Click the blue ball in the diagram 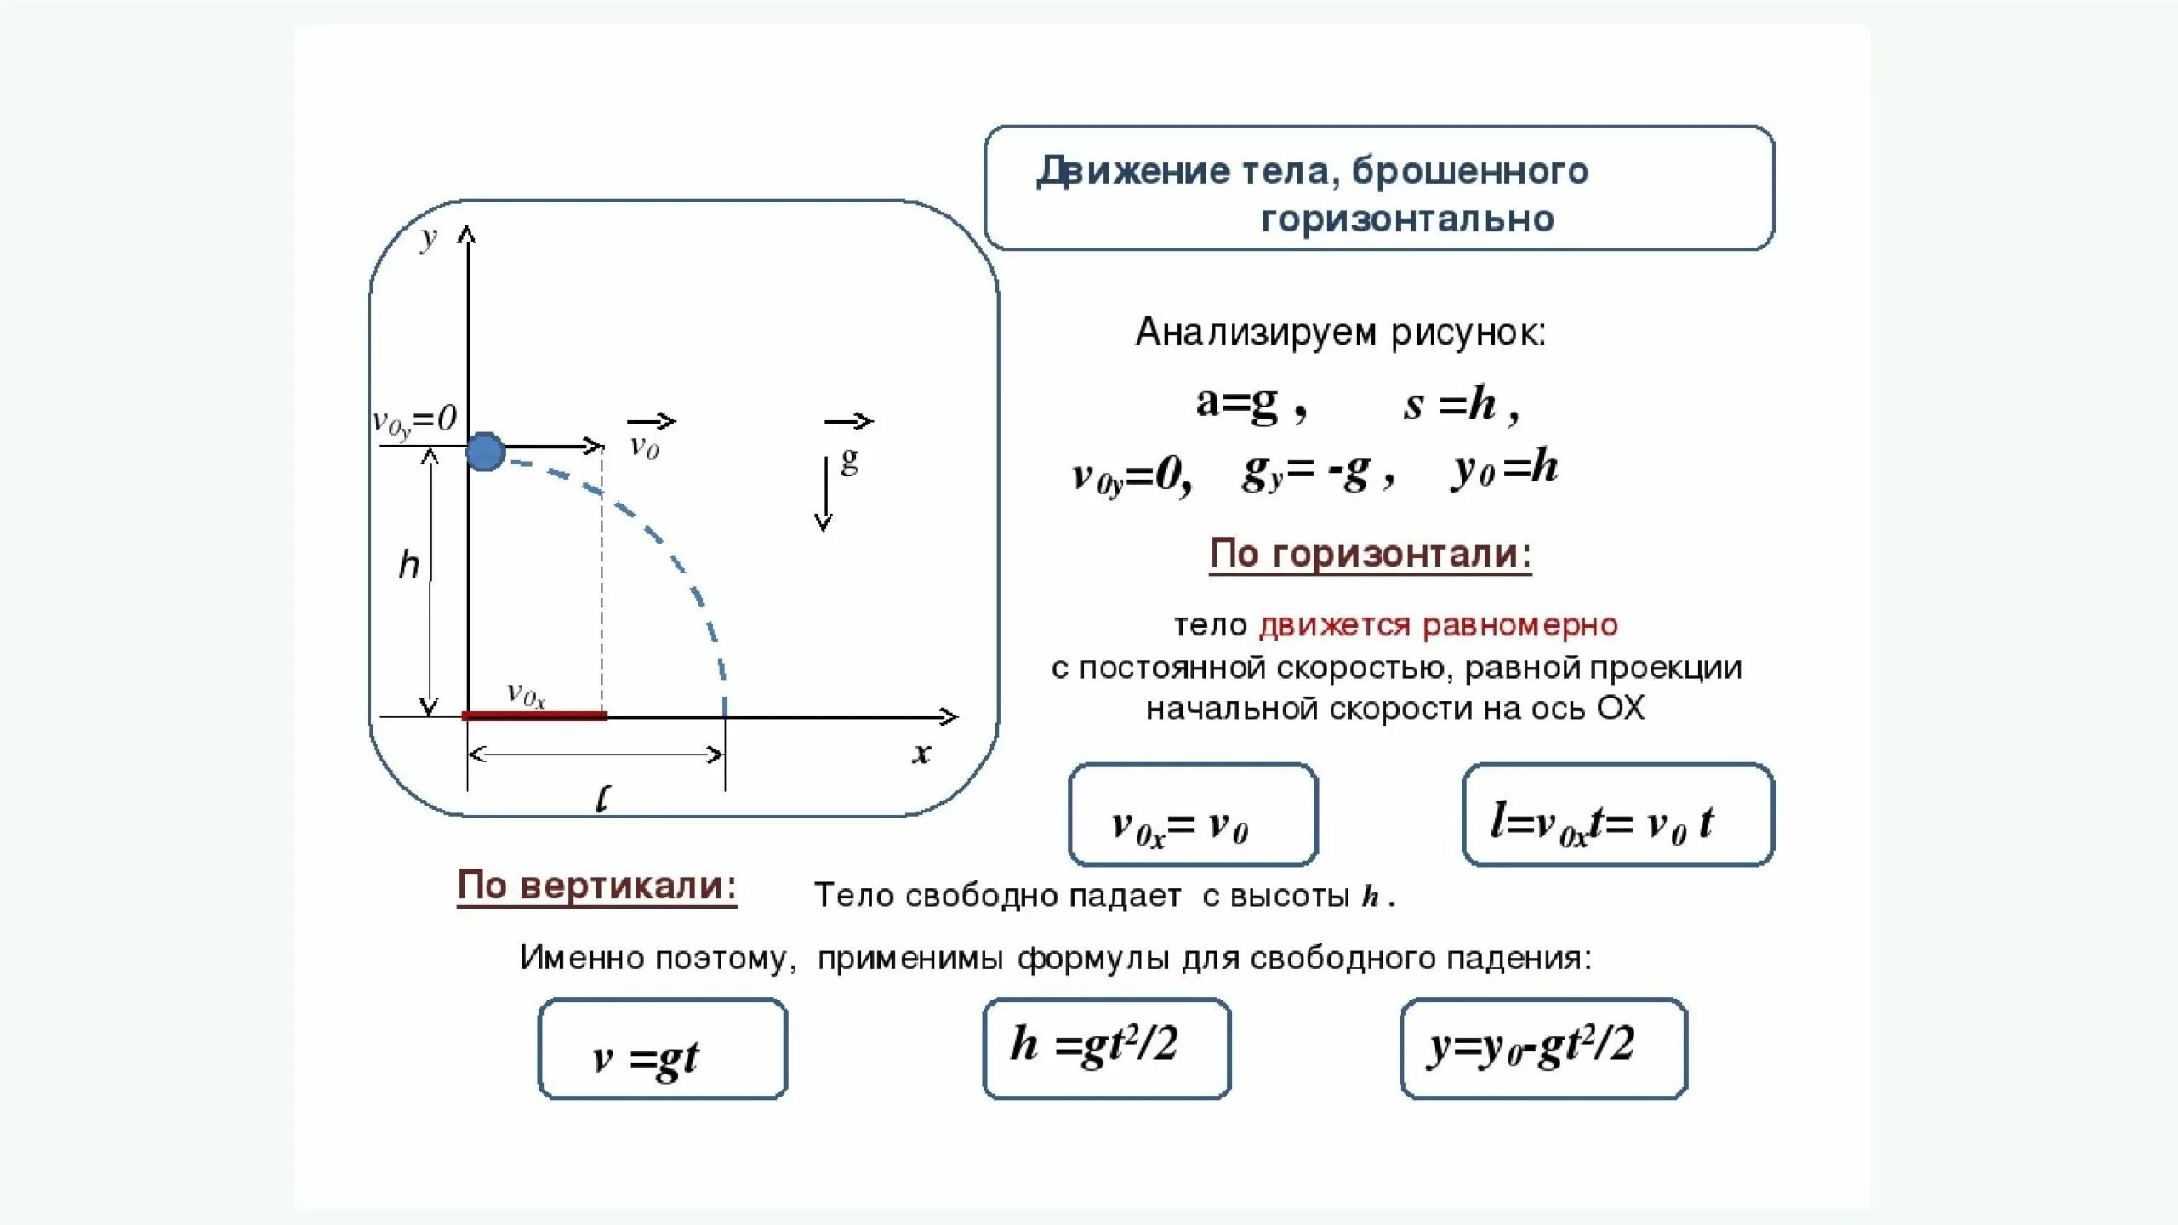tap(485, 452)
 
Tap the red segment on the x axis tap(534, 716)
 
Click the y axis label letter tap(429, 238)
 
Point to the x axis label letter tap(921, 753)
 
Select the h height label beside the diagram tap(409, 565)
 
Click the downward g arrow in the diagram tap(824, 494)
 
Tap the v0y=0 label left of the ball tap(415, 420)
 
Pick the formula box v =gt tap(663, 1049)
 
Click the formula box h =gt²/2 tap(1107, 1048)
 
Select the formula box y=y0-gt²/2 tap(1543, 1048)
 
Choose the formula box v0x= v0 tap(1193, 814)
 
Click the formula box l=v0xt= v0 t tap(1618, 814)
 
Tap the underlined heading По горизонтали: tap(1371, 554)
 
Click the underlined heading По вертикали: tap(597, 886)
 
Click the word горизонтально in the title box tap(1408, 219)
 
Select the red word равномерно tap(1520, 625)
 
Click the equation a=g tap(1238, 402)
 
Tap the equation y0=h tap(1505, 469)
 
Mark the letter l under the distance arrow tap(602, 799)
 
